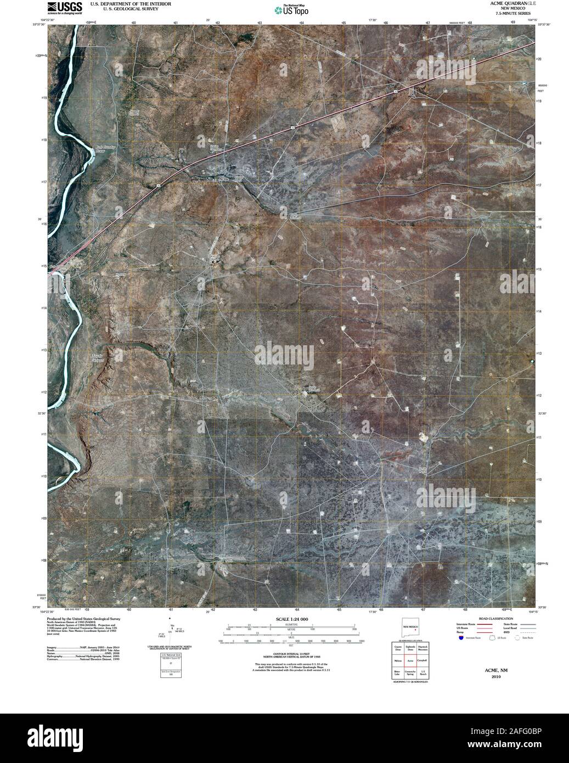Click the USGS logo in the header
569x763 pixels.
[x=65, y=7]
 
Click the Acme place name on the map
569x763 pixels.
[x=224, y=179]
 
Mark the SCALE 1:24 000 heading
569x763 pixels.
[x=289, y=619]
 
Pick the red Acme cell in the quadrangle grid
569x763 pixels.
[x=410, y=661]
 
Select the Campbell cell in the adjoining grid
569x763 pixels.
[x=422, y=660]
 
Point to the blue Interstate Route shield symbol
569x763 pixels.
[x=460, y=638]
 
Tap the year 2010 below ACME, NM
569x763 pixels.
[x=492, y=677]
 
